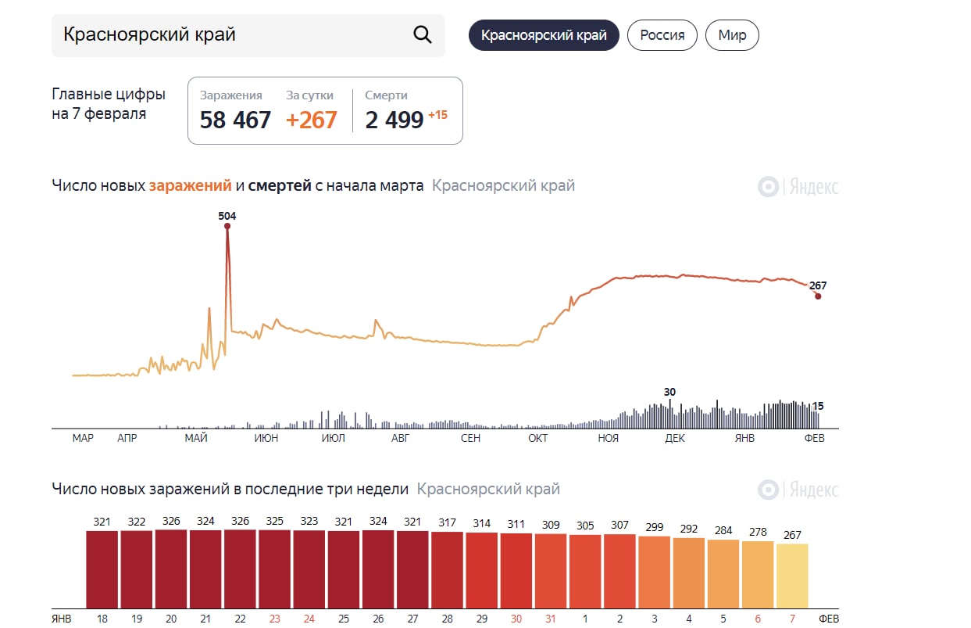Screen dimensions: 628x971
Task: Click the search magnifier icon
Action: (x=422, y=35)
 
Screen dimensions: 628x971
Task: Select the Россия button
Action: (x=662, y=35)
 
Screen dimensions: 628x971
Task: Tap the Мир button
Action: (x=732, y=35)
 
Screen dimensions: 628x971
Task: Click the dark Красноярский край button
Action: (x=544, y=35)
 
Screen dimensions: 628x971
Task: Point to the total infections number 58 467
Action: (x=235, y=120)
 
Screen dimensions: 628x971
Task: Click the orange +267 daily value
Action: (x=312, y=120)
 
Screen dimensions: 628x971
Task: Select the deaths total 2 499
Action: (x=394, y=120)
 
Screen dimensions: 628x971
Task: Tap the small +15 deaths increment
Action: (x=437, y=115)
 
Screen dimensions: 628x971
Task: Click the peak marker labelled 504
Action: (x=227, y=226)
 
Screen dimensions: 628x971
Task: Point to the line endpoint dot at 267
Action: (x=818, y=296)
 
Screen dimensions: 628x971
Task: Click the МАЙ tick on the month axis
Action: (x=196, y=439)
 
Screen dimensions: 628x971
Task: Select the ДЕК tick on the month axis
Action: (x=675, y=439)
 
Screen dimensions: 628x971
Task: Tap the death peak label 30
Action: (x=669, y=392)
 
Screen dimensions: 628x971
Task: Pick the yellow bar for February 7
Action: (x=792, y=575)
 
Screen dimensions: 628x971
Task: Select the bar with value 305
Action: (x=585, y=571)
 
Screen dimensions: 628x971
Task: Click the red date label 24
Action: (x=309, y=619)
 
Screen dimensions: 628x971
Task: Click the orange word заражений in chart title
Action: (x=191, y=186)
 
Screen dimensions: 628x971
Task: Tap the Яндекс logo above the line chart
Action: (x=798, y=187)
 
